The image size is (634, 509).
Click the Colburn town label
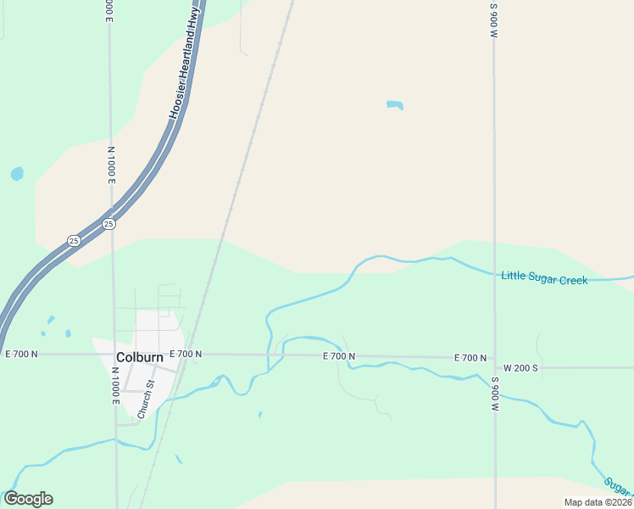point(139,357)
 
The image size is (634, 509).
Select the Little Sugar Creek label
point(544,277)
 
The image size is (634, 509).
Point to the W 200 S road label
point(520,368)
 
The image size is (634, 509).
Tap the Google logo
point(28,499)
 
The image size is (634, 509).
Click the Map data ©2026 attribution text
point(598,502)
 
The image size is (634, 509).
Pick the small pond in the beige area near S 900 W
point(394,105)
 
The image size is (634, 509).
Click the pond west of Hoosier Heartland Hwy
point(17,174)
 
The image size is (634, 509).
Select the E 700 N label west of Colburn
point(20,353)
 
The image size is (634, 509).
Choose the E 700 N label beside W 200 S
point(470,358)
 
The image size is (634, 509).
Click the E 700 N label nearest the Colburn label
point(186,354)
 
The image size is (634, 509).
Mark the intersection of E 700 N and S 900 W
point(494,357)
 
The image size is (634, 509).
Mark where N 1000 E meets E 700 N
point(113,353)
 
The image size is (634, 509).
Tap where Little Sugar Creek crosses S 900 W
point(494,273)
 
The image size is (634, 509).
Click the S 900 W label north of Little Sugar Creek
point(494,20)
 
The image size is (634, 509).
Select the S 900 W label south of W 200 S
point(494,394)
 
